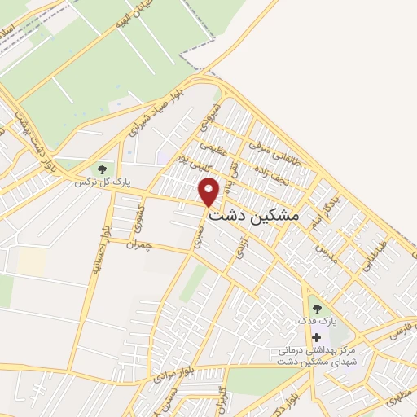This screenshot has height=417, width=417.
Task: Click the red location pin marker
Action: pos(210,191)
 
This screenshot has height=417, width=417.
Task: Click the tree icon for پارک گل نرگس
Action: pos(102,169)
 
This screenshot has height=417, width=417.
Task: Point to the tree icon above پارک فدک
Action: pos(316,309)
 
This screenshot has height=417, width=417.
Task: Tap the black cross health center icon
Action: pos(316,337)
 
